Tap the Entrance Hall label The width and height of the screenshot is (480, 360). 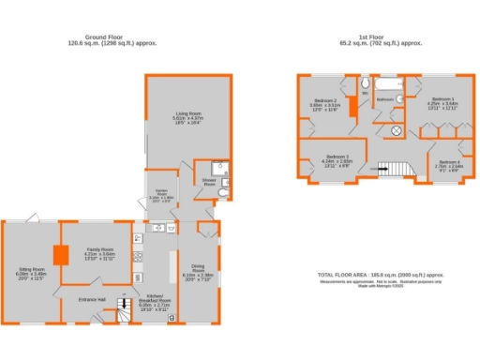pyautogui.click(x=92, y=299)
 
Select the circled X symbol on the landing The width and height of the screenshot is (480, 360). pyautogui.click(x=397, y=130)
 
